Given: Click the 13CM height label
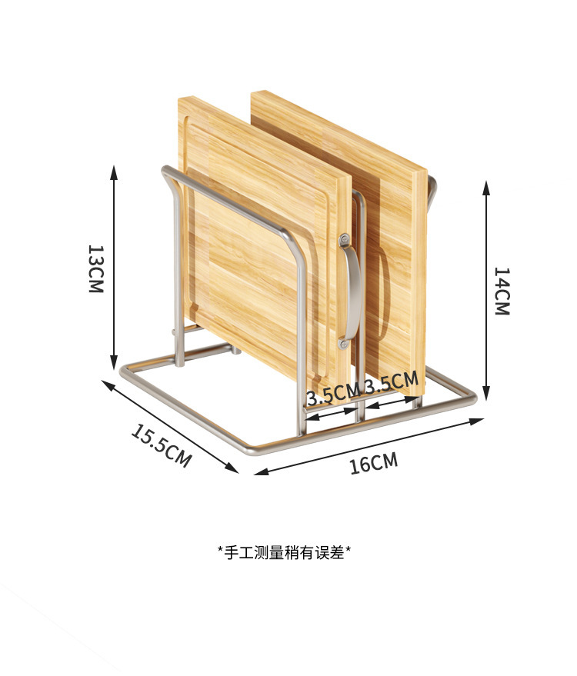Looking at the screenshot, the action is tap(95, 269).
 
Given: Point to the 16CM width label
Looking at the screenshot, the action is tap(374, 463).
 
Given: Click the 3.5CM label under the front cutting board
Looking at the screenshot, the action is tap(332, 395).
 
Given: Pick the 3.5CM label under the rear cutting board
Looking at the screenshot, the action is tap(392, 382).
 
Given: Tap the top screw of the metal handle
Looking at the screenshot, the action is tap(344, 239).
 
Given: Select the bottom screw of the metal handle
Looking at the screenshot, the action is tap(344, 342).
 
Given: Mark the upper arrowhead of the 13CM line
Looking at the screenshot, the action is tap(114, 171).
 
